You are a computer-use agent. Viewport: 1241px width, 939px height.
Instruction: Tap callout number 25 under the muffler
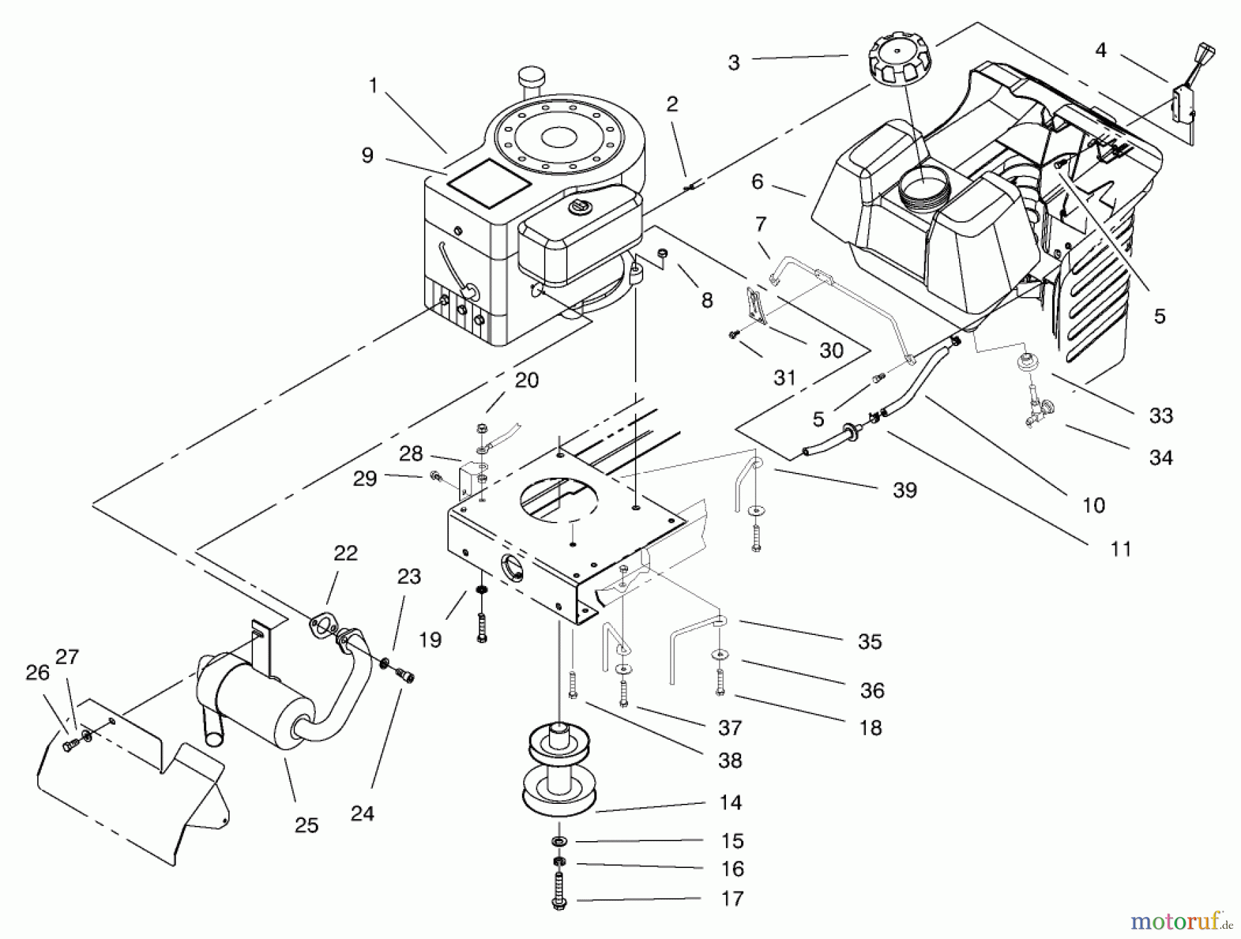(x=307, y=825)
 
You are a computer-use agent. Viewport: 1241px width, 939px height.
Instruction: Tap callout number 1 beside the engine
(x=373, y=86)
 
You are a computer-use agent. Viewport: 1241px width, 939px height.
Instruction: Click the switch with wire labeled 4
(x=1185, y=103)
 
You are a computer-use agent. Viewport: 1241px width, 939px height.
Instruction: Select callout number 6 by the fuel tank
(x=757, y=181)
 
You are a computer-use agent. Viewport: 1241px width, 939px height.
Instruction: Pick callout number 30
(x=831, y=350)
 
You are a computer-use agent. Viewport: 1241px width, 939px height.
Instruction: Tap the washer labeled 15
(x=559, y=842)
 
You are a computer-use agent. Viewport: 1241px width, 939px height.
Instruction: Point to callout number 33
(x=1161, y=415)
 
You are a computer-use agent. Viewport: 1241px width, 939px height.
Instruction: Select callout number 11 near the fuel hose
(x=1121, y=549)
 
